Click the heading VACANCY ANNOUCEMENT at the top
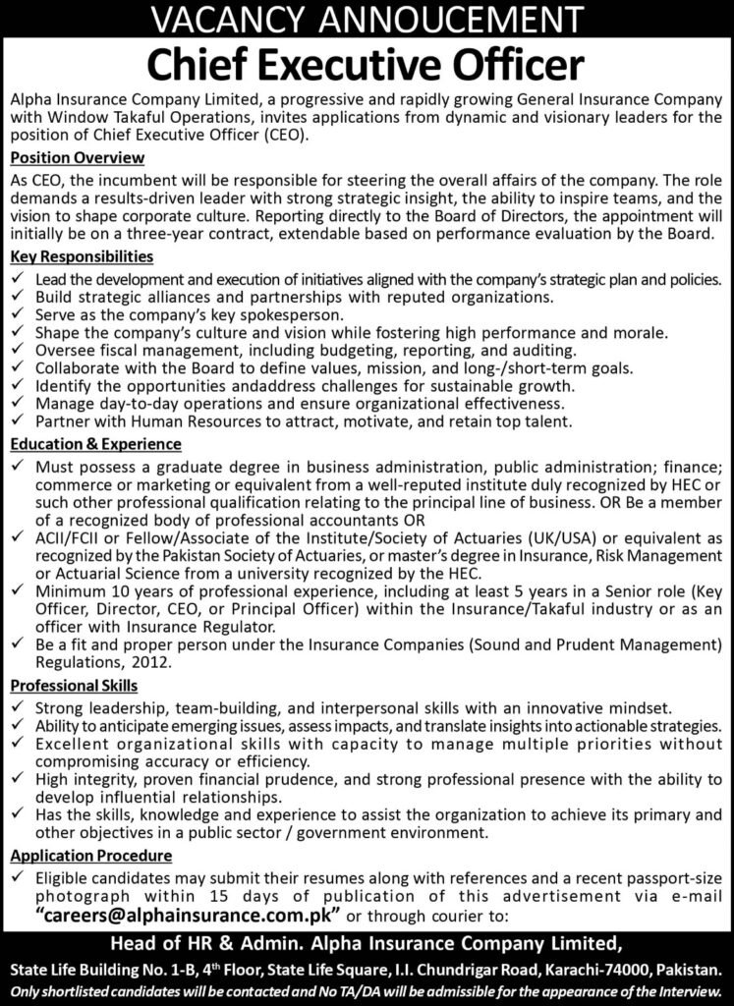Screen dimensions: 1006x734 coord(367,18)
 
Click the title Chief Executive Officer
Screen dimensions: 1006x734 coord(367,65)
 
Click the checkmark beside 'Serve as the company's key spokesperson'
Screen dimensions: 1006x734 coord(16,315)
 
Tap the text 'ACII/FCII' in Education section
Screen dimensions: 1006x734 coord(66,540)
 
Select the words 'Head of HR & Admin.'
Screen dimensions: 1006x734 coord(191,944)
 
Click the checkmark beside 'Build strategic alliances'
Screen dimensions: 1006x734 coord(16,298)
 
